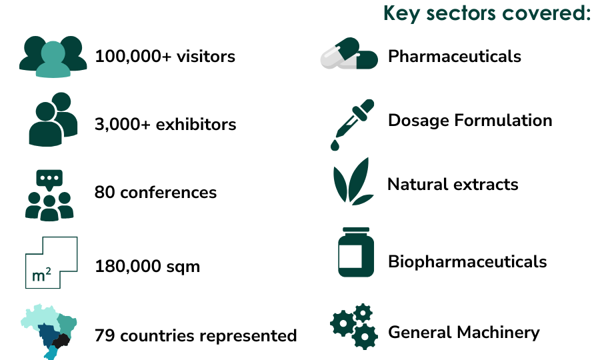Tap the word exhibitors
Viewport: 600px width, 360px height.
196,125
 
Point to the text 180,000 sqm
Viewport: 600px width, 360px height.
147,267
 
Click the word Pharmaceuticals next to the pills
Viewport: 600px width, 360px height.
455,57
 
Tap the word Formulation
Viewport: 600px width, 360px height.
503,121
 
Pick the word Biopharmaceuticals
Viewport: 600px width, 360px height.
467,262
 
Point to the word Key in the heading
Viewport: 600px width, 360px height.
401,14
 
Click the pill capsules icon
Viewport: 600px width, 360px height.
349,53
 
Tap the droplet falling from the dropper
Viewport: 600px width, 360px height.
335,145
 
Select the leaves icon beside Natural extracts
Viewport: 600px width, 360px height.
353,181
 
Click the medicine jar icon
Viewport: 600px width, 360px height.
356,252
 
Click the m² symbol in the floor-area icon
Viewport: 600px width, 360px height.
41,275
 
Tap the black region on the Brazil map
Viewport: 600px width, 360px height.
61,341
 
